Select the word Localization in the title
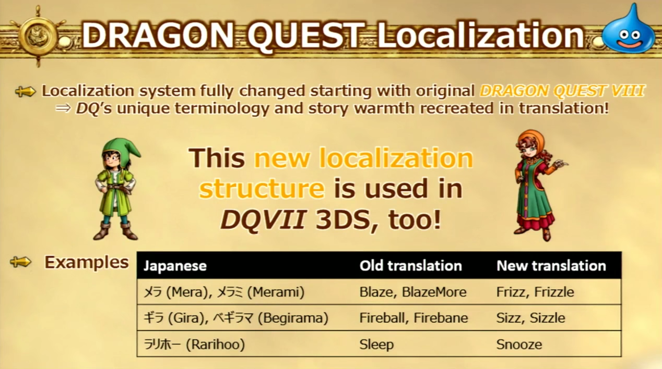coord(480,35)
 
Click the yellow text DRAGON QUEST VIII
coord(562,91)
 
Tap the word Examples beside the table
coord(87,262)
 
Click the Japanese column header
coord(175,266)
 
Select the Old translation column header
coord(410,265)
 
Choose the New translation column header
coord(551,265)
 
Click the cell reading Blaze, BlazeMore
coord(413,292)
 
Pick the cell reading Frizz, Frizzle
coord(535,292)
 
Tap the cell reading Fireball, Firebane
coord(413,318)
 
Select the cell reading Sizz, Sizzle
coord(531,318)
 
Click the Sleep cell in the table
coord(376,345)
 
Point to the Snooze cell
coord(519,345)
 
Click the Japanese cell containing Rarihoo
coord(194,345)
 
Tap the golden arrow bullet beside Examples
coord(21,262)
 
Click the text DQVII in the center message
coord(263,220)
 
